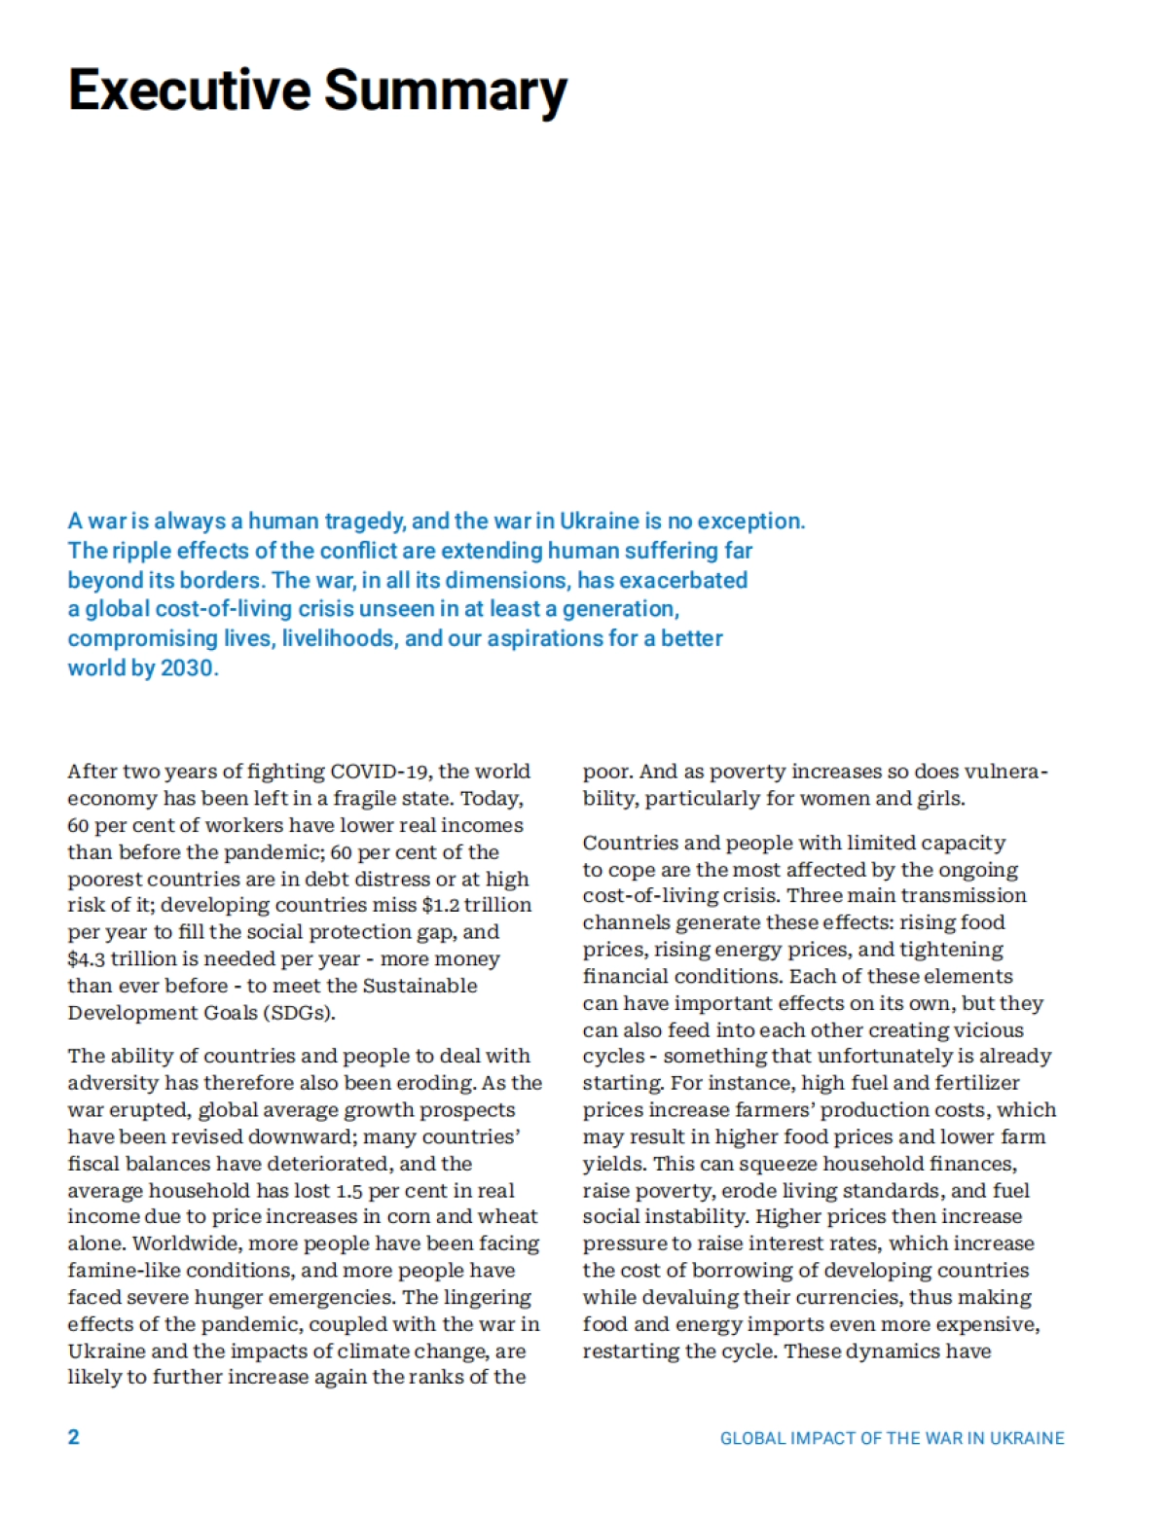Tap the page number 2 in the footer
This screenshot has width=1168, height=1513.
pos(74,1437)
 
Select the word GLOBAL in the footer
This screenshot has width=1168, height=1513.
pos(751,1438)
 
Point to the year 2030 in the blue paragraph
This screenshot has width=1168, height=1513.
pos(187,668)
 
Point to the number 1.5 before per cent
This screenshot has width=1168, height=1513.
pos(349,1191)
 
